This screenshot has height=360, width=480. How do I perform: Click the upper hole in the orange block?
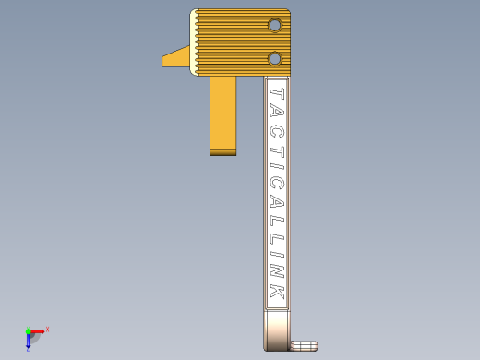pos(274,25)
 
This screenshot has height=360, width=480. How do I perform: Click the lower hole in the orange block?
pos(274,59)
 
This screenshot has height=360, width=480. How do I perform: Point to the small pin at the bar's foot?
pos(305,346)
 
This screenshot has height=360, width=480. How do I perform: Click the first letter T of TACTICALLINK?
pos(276,92)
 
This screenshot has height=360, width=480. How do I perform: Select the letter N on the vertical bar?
pos(276,276)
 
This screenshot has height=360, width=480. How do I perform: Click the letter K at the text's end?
pos(276,294)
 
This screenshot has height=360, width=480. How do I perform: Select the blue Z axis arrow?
pos(29,341)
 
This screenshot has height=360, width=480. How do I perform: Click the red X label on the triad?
pos(47,329)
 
